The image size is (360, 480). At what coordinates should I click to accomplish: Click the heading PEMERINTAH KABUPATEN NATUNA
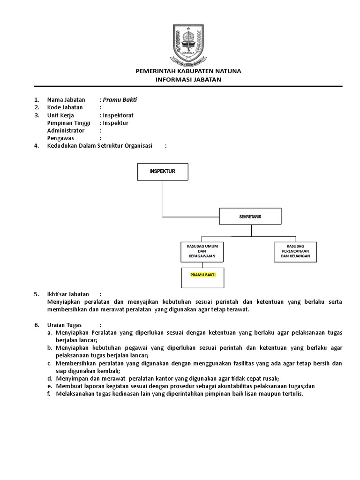point(188,71)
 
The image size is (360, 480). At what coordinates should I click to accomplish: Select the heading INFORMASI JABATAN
point(188,79)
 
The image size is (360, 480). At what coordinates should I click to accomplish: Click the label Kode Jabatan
point(65,107)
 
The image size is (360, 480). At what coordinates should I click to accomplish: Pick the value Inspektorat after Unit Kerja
point(121,115)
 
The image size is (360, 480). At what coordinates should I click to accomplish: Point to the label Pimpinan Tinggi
point(68,123)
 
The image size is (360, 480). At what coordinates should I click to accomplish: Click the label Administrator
point(66,130)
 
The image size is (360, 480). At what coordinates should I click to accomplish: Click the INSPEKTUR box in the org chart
point(162,172)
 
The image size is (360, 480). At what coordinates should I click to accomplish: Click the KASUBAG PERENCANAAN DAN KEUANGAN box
point(295,252)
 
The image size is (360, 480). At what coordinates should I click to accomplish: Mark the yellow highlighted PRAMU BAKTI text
point(202,275)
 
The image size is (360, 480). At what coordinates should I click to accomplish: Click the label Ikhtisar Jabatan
point(68,294)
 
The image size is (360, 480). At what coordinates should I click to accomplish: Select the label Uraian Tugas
point(65,325)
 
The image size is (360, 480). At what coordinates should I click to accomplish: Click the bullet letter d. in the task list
point(49,378)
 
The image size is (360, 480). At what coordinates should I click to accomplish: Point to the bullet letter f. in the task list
point(49,394)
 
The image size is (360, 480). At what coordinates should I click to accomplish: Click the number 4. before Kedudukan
point(36,146)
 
